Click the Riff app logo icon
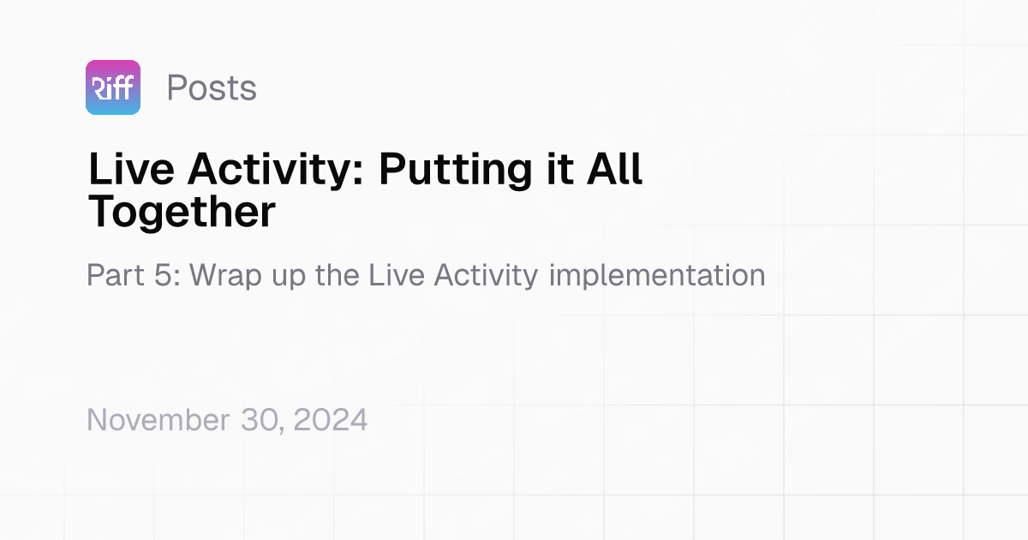pyautogui.click(x=113, y=87)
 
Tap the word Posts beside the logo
pyautogui.click(x=212, y=87)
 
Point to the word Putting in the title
pyautogui.click(x=458, y=170)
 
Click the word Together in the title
pyautogui.click(x=182, y=212)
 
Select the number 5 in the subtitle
pyautogui.click(x=170, y=275)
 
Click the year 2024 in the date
pyautogui.click(x=334, y=420)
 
